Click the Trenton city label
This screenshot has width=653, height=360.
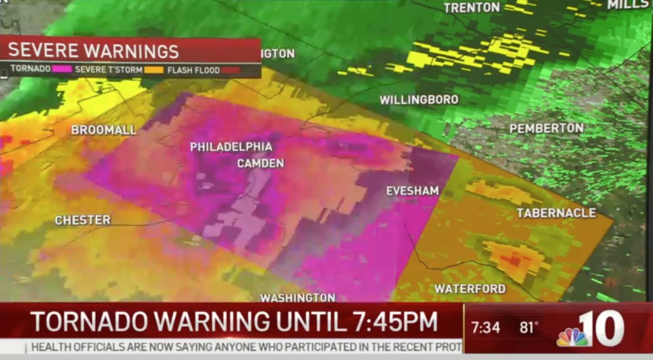tap(471, 8)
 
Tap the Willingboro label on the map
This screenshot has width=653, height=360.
tap(419, 100)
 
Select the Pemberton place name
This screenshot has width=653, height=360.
tap(546, 128)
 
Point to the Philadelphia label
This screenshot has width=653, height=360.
tap(231, 147)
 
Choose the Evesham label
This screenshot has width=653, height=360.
tap(412, 191)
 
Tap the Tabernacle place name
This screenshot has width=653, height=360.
tap(556, 213)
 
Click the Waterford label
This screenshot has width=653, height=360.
tap(470, 289)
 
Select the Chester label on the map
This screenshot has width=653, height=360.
tap(83, 220)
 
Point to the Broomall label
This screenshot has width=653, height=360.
tap(104, 130)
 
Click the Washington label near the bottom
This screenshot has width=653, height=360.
tap(297, 297)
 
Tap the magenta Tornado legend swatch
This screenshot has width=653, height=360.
tap(63, 70)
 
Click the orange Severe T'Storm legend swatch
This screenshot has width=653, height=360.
tap(154, 70)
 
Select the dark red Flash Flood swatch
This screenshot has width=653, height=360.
tap(232, 70)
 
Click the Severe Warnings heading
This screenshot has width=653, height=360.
tap(93, 51)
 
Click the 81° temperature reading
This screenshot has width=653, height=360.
tap(527, 328)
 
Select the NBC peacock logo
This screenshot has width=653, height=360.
tap(572, 337)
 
